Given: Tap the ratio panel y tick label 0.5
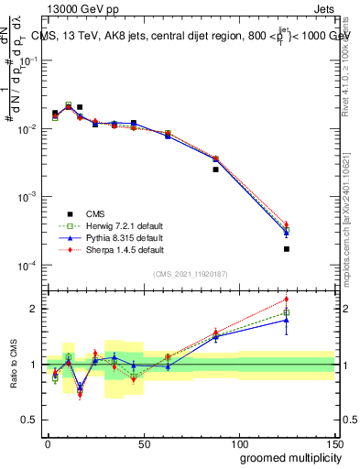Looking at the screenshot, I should coord(27,420).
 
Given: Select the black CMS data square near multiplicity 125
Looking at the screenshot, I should coord(286,249).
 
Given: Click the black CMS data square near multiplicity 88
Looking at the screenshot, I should coord(215,169).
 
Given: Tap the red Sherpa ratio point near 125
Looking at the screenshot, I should coord(286,299).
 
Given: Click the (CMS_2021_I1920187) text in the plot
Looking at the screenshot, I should coord(189,274).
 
